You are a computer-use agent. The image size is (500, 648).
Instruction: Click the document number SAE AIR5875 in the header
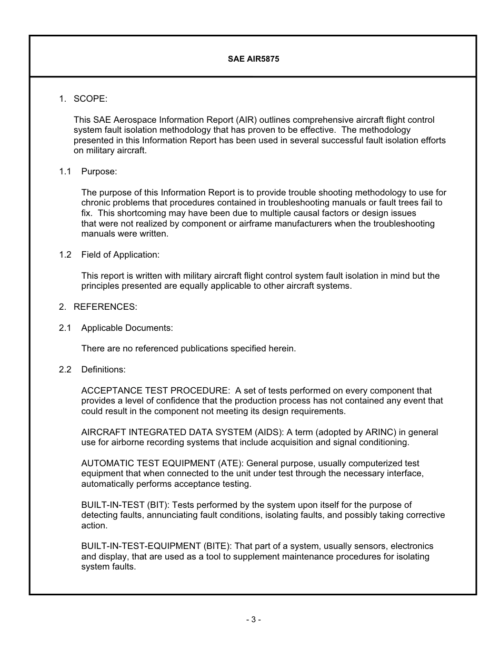coord(253,59)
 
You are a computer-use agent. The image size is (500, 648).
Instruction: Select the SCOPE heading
coord(90,99)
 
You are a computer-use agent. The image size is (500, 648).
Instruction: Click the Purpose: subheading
coord(99,172)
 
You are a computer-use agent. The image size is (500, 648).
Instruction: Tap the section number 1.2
coord(65,255)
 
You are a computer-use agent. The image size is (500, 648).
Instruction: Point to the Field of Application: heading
coord(120,255)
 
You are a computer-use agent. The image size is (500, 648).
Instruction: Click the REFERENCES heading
coord(105,307)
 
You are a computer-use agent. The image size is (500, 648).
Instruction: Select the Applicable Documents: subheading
coord(127,328)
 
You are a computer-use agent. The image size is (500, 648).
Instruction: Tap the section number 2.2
coord(65,370)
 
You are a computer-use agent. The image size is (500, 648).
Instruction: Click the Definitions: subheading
coord(103,370)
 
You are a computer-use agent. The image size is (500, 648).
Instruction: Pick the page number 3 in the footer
coord(253,620)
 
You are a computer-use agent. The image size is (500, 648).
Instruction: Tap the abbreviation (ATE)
coord(231,464)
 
